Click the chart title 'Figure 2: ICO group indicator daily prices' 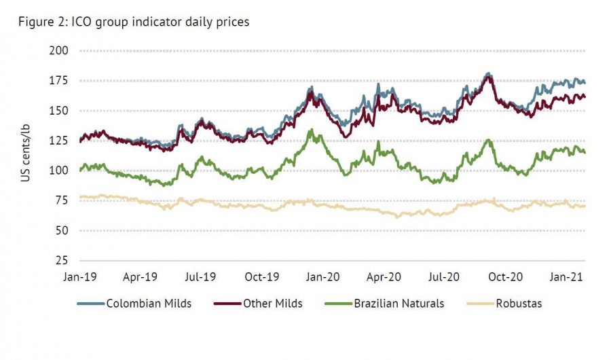point(134,22)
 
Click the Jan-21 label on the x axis point(565,277)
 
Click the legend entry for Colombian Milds point(149,304)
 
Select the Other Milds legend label point(273,304)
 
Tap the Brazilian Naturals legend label point(399,304)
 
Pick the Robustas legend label point(519,304)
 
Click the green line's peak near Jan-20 point(311,130)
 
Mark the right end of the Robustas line point(585,206)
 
